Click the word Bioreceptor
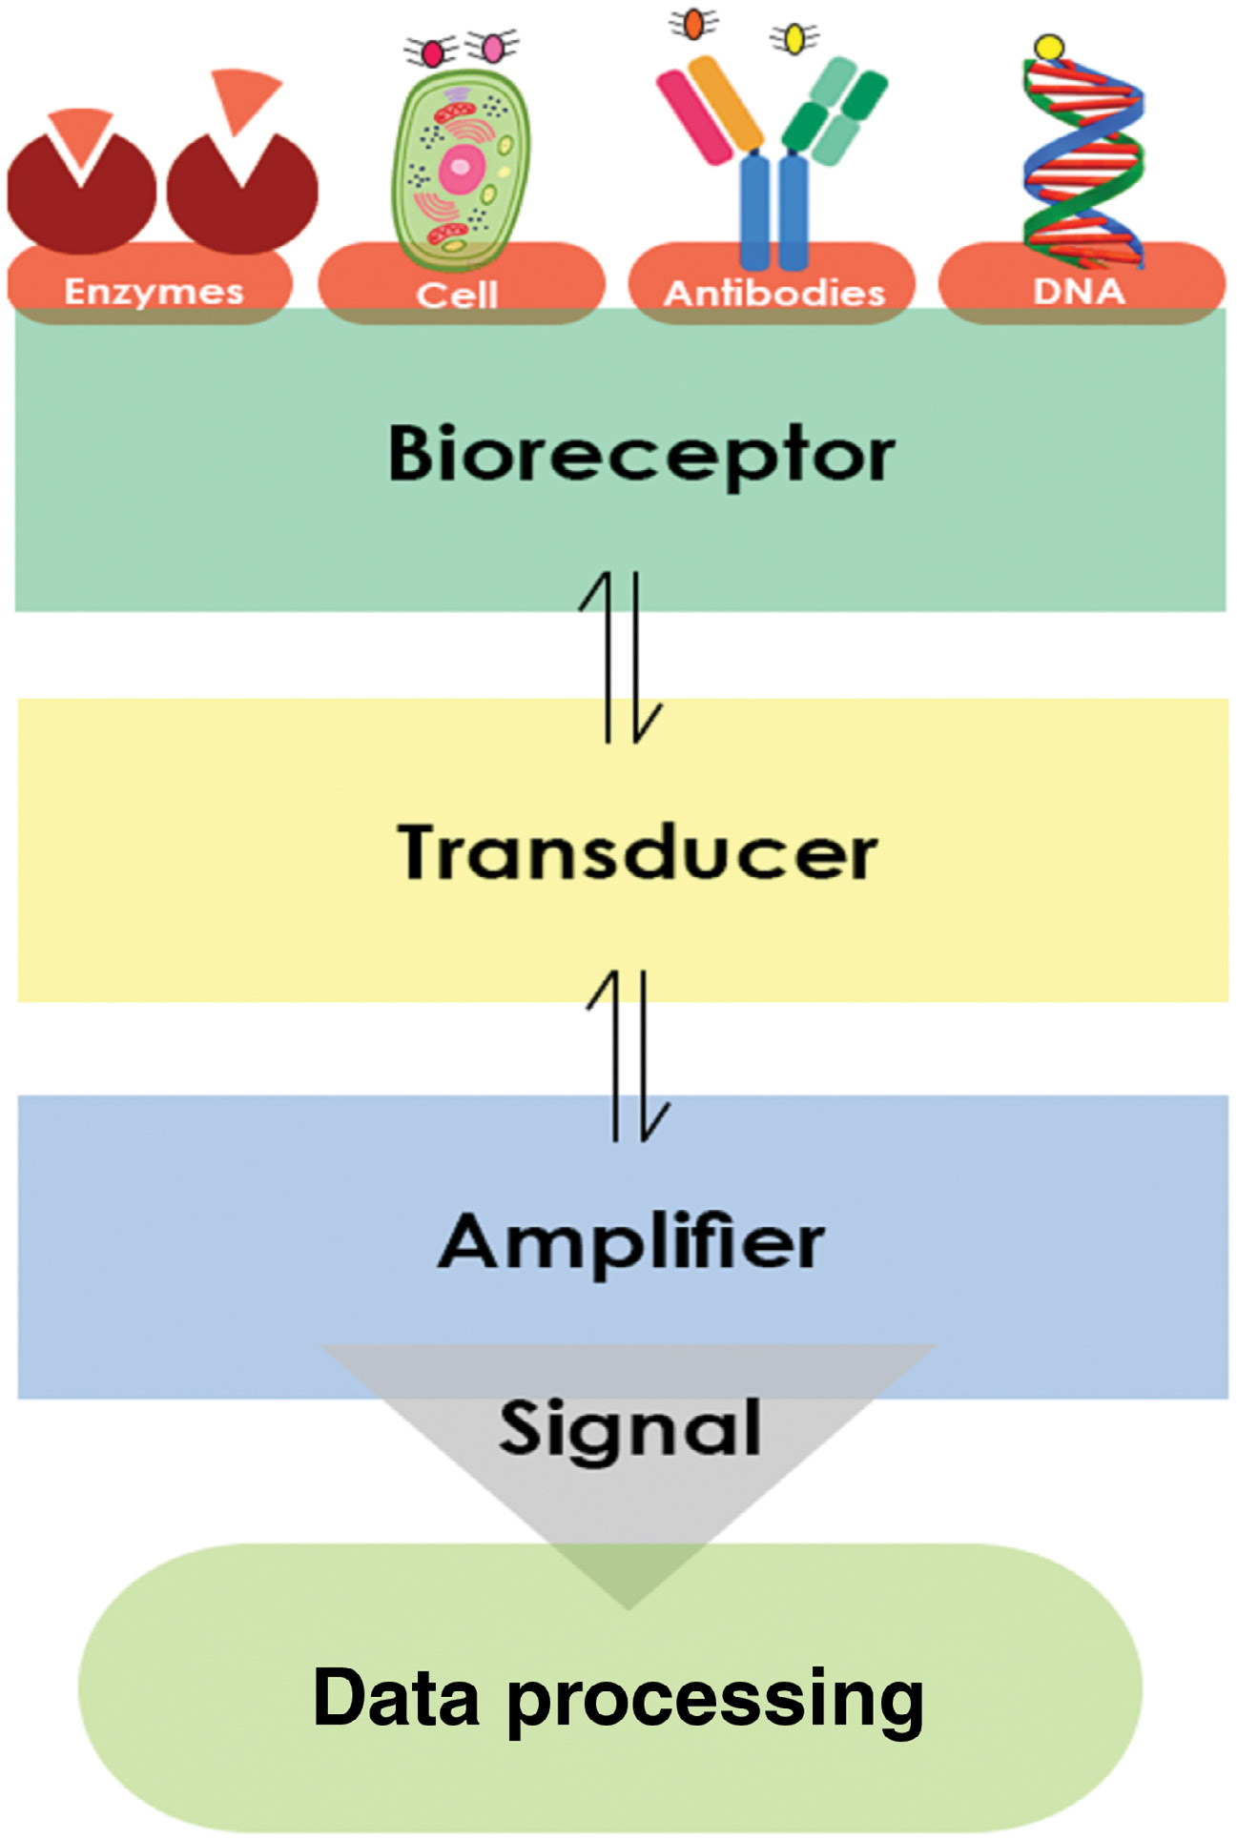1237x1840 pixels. tap(641, 455)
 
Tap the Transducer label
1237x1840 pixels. tap(637, 851)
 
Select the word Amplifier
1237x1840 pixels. tap(631, 1242)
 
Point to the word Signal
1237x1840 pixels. tap(630, 1429)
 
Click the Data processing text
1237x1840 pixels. tap(618, 1699)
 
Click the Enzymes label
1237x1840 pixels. tap(154, 291)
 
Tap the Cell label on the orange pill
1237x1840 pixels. tap(457, 295)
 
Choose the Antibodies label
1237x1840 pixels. tap(774, 293)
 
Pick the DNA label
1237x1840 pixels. tap(1079, 291)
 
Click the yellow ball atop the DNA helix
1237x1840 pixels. tap(1049, 47)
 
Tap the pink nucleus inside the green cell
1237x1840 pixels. tap(461, 168)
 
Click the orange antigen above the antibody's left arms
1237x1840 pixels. tap(693, 23)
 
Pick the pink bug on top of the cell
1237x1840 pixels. tap(492, 46)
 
